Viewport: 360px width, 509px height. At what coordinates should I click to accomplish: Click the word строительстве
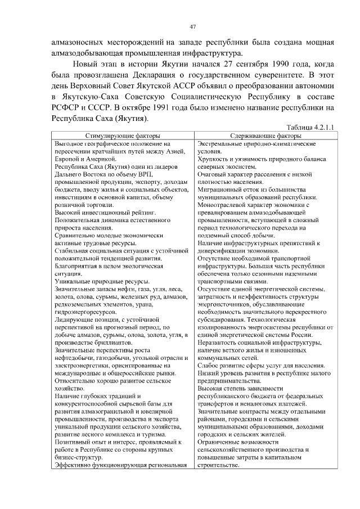219,465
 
